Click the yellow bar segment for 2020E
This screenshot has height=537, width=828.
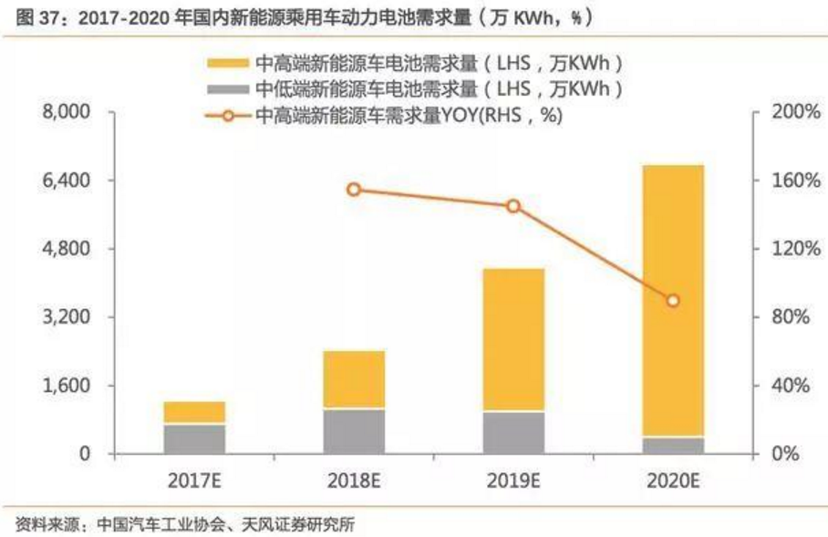click(672, 301)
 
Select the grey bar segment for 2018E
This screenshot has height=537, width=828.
click(354, 431)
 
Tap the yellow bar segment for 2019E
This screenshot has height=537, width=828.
click(513, 339)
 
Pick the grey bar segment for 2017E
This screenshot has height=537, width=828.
click(194, 439)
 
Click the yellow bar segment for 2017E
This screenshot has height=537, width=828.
click(194, 412)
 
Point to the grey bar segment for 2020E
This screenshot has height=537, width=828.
click(672, 445)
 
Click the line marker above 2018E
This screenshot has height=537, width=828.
click(354, 190)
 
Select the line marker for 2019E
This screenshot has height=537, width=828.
click(513, 206)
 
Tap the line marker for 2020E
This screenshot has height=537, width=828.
click(672, 301)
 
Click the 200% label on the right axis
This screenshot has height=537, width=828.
click(787, 112)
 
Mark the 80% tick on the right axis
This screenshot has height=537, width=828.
click(787, 317)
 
